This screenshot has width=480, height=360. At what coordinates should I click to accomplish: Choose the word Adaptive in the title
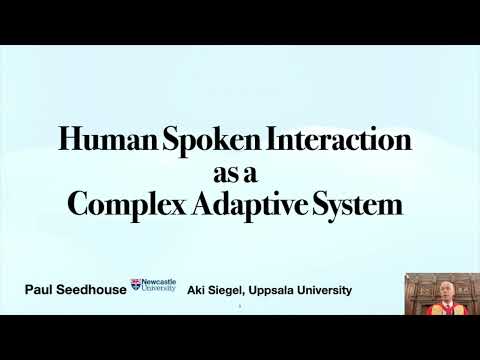251,204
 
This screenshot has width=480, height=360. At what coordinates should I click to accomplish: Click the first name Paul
41,290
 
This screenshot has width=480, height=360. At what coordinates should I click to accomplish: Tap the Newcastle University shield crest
136,286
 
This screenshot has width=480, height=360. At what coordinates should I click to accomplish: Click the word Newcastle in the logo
158,282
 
